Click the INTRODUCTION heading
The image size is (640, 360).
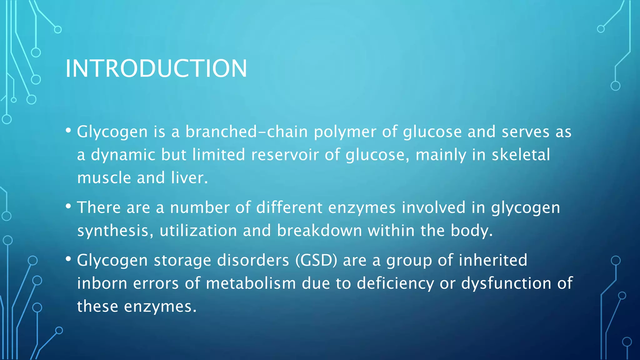click(x=156, y=68)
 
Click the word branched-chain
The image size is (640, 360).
click(x=247, y=132)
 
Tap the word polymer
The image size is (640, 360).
click(x=345, y=132)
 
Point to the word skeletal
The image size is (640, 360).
click(x=521, y=155)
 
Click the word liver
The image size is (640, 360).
click(x=189, y=178)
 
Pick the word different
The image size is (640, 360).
click(x=289, y=207)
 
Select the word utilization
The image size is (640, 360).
click(x=198, y=231)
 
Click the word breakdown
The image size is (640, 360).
click(x=319, y=231)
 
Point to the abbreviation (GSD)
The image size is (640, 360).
click(x=316, y=260)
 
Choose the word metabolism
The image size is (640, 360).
click(x=251, y=283)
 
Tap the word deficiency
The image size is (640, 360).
click(x=395, y=283)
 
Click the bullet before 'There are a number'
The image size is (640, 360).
click(x=68, y=206)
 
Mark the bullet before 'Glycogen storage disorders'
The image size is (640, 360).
click(x=68, y=259)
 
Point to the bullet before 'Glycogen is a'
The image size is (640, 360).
click(x=68, y=130)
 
